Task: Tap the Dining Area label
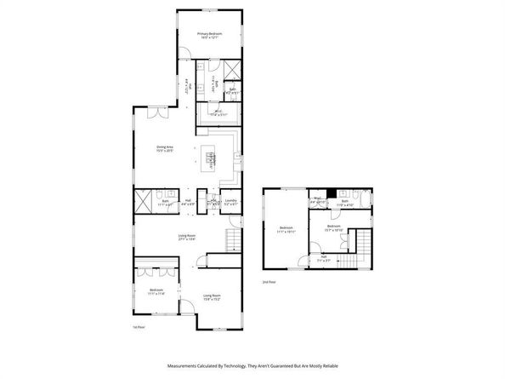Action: pos(164,149)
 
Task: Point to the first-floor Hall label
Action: pos(189,202)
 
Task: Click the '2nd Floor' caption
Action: pos(269,281)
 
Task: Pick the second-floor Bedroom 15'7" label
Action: pos(334,227)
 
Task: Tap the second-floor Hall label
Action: pos(323,259)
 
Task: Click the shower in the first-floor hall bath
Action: pos(141,202)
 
